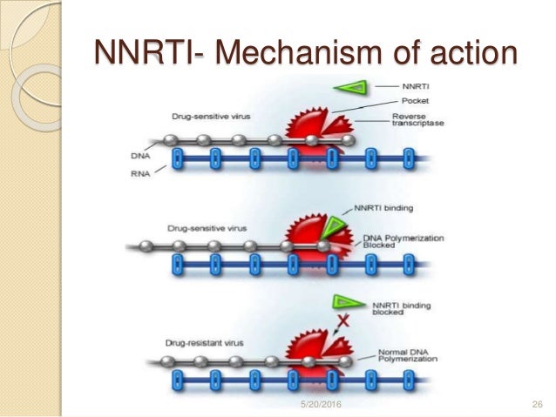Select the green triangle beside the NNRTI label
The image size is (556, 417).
[350, 88]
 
